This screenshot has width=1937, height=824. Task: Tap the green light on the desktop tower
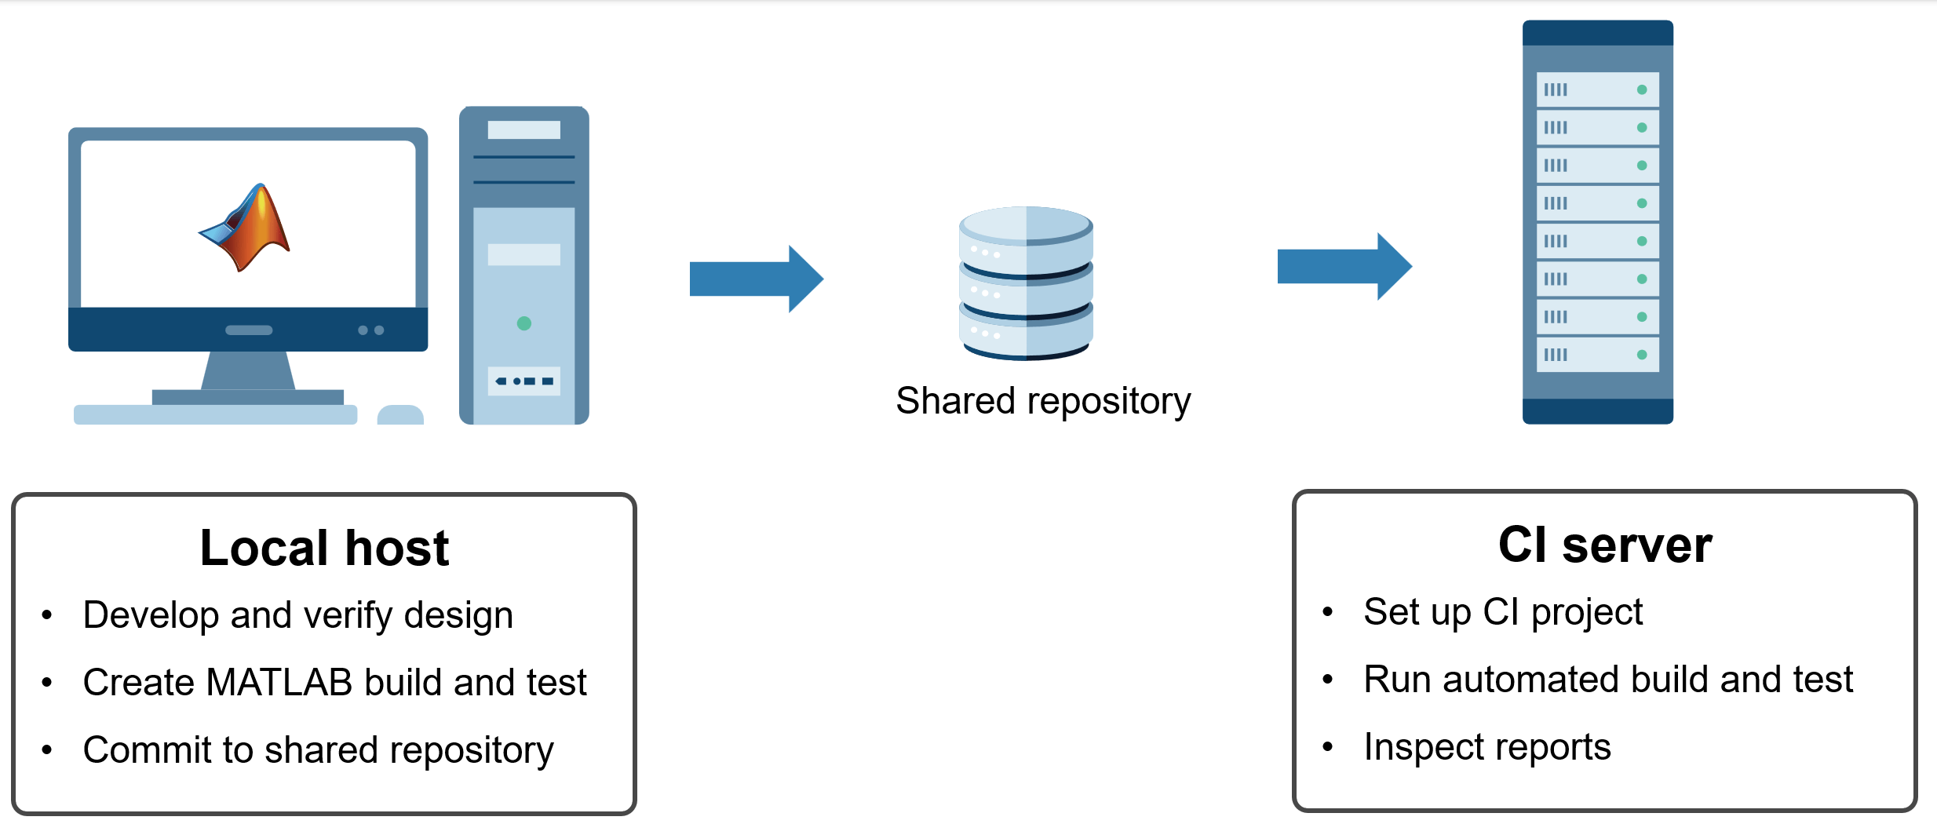coord(524,323)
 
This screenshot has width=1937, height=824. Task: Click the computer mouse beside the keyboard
coord(400,414)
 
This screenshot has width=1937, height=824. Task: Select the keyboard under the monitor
coord(215,414)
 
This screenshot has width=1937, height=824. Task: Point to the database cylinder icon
coord(1026,283)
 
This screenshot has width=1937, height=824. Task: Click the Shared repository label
coord(1043,402)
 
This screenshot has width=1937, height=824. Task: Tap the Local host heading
coord(324,547)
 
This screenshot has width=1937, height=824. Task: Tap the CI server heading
coord(1605,545)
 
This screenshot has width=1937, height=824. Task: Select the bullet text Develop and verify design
coord(298,614)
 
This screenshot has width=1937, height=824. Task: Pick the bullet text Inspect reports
coord(1487,746)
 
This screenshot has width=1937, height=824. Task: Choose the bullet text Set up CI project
coord(1503,612)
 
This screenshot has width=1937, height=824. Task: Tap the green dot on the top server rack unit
coord(1642,89)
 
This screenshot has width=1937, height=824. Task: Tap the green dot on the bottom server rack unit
coord(1642,355)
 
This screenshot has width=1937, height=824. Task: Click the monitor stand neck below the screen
coord(248,370)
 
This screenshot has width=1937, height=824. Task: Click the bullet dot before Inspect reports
coord(1328,746)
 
